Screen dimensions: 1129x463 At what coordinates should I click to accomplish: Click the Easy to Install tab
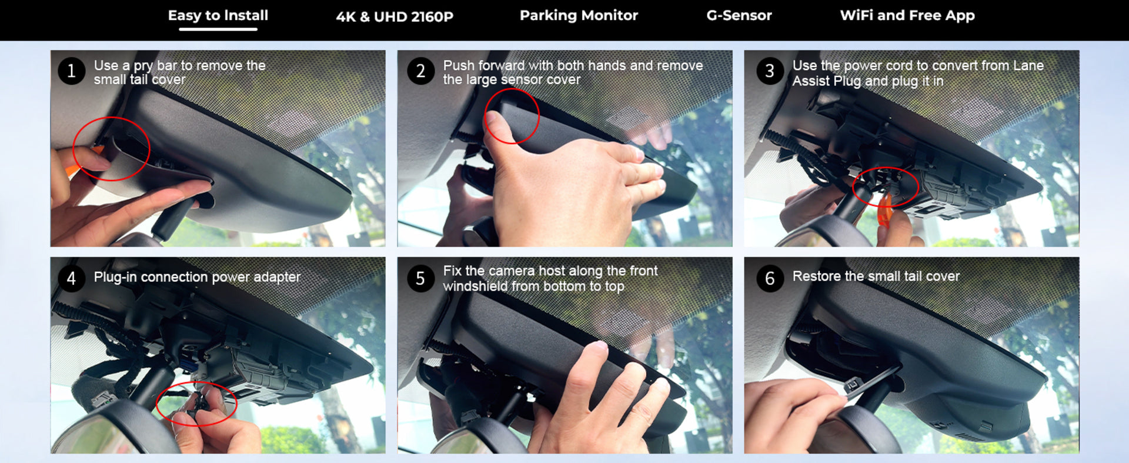[x=218, y=15]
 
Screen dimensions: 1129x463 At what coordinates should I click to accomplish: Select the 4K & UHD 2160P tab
[x=395, y=16]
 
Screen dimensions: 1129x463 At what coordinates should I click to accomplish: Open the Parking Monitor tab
[x=579, y=15]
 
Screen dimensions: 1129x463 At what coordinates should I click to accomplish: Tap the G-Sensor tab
[x=739, y=15]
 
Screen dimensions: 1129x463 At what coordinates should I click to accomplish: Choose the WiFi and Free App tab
[x=907, y=15]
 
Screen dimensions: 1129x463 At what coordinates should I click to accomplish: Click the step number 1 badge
[x=72, y=71]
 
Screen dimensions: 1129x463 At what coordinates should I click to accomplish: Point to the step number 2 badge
[x=420, y=71]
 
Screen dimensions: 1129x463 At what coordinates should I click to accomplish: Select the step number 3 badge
[x=770, y=71]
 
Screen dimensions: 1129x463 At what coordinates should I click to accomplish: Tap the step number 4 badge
[x=72, y=278]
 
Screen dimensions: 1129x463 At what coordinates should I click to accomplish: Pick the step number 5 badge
[x=420, y=278]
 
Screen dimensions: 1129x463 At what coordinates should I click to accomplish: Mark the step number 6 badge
[x=770, y=278]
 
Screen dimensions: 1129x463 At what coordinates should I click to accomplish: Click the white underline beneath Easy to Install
[x=218, y=29]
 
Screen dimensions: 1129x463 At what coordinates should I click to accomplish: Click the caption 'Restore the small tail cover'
[x=876, y=276]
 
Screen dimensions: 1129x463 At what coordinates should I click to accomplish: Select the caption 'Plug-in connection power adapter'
[x=197, y=277]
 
